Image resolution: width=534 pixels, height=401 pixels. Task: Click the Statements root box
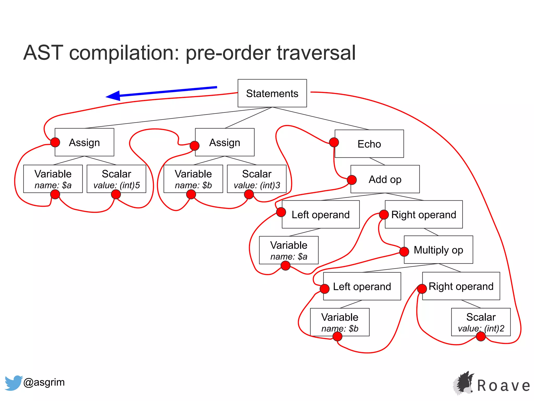(x=272, y=93)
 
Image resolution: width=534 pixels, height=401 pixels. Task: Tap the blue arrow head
(x=113, y=96)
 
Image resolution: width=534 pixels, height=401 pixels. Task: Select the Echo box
(x=369, y=144)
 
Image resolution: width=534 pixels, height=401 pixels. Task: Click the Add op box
(x=385, y=179)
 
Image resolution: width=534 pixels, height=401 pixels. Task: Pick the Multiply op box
(x=438, y=250)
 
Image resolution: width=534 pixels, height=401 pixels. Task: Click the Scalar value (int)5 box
(x=116, y=179)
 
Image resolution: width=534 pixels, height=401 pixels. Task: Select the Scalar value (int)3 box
(x=257, y=179)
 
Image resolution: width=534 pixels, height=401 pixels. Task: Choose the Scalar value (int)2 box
(x=481, y=322)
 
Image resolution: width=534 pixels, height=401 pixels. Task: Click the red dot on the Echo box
(x=334, y=142)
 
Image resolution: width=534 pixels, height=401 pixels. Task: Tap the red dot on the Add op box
(x=352, y=180)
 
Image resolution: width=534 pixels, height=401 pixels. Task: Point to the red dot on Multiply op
(x=404, y=252)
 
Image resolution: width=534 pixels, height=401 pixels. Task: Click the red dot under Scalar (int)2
(x=481, y=337)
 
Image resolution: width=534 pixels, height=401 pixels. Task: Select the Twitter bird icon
(x=13, y=383)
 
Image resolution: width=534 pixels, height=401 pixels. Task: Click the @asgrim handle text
(x=44, y=382)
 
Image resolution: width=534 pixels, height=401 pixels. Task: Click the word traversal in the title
(x=316, y=53)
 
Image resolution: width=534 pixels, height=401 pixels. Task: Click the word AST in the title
(x=43, y=53)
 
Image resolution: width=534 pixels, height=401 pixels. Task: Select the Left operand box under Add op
(x=320, y=215)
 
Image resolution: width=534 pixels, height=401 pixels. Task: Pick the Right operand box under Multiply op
(x=461, y=286)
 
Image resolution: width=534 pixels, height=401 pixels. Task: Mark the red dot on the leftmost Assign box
(x=55, y=142)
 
